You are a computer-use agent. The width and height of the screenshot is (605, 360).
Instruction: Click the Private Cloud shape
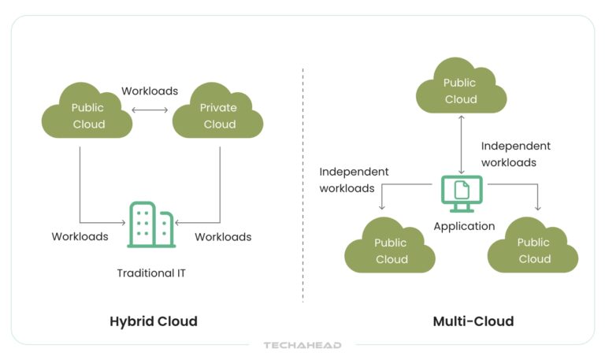tap(218, 116)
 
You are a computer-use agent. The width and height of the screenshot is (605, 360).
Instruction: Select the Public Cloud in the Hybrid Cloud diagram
tap(87, 116)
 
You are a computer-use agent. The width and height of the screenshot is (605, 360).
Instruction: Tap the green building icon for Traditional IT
tap(152, 225)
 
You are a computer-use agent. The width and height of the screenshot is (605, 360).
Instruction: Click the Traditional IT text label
tap(151, 274)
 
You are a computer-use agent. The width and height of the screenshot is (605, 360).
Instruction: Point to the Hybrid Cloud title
tap(153, 321)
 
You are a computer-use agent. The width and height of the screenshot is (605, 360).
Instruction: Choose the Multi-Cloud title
tap(473, 321)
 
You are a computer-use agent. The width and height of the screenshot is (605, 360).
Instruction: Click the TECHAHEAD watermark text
tap(302, 345)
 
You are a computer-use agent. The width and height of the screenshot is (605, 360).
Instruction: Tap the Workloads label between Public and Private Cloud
tap(150, 91)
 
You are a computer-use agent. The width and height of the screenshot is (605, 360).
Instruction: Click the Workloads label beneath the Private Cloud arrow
tap(223, 236)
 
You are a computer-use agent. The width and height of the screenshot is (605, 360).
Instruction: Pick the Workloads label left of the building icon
tap(80, 236)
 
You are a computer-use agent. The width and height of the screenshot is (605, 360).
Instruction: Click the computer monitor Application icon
tap(461, 192)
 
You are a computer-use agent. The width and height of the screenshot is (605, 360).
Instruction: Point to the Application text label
tap(464, 226)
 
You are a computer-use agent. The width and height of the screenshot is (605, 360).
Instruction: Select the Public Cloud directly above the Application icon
tap(461, 91)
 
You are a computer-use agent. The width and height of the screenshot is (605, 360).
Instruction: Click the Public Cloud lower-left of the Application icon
tap(391, 251)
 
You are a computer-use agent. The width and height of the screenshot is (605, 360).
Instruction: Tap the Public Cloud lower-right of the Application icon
tap(533, 251)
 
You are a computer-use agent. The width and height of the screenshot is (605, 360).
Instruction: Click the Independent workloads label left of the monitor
tap(354, 180)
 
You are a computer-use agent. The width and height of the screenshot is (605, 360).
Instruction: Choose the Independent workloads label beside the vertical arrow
tap(515, 154)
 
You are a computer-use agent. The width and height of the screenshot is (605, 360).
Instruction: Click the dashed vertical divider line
tap(302, 181)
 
